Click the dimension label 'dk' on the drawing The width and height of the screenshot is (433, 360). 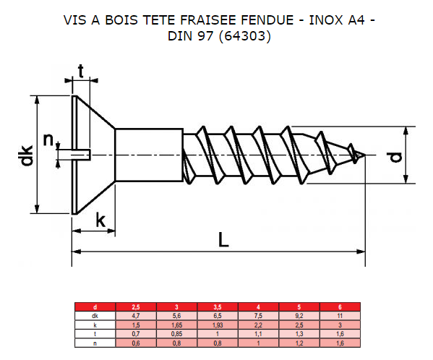27,155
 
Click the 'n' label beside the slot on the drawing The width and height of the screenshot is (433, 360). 48,140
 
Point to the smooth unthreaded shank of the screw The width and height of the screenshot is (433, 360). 148,154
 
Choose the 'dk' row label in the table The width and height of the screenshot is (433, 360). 94,315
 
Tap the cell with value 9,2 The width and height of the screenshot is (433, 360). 299,315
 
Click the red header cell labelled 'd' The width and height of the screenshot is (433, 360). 94,307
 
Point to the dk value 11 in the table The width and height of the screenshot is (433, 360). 339,315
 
